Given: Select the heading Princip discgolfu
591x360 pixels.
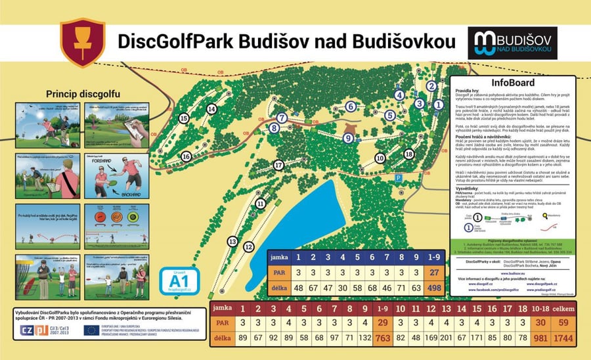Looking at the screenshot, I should (x=82, y=94).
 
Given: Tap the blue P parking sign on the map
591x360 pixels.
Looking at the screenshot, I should (x=398, y=177).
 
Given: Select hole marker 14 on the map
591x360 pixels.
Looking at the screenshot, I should (x=211, y=109).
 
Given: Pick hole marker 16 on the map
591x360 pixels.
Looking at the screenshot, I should (x=186, y=156).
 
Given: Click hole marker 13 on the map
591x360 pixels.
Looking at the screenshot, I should (x=232, y=241).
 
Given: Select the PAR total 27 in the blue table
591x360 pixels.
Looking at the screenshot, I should (x=434, y=271).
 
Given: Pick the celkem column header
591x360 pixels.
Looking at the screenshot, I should (x=564, y=308).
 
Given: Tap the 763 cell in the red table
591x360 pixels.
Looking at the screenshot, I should (x=382, y=338).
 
